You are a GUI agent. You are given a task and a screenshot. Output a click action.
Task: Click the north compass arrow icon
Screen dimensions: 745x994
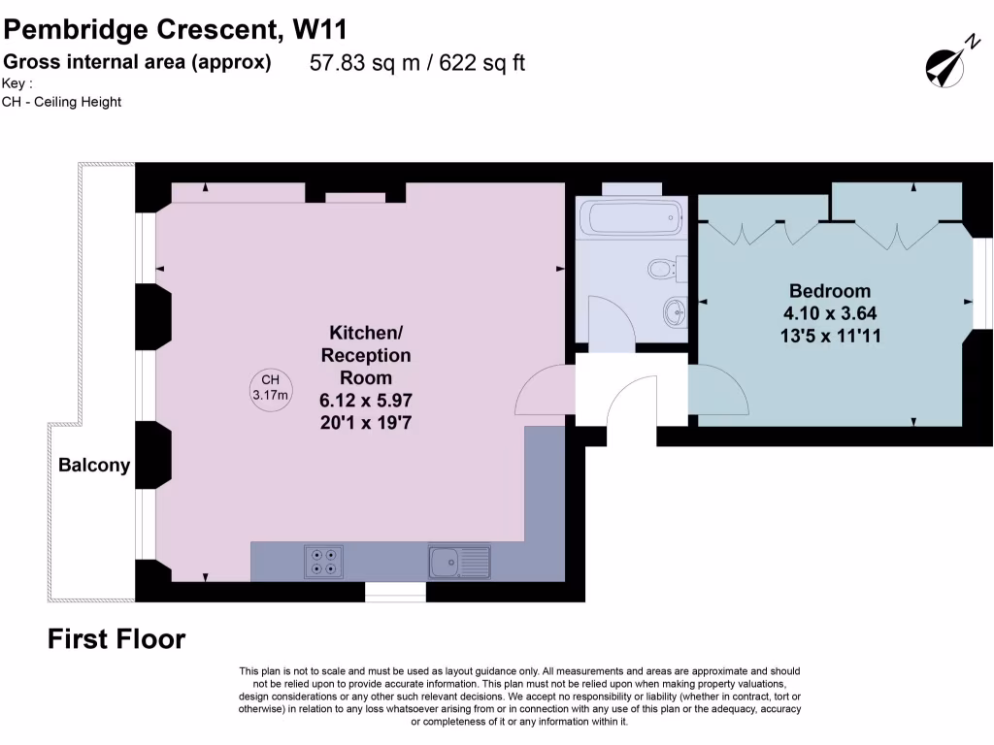[947, 62]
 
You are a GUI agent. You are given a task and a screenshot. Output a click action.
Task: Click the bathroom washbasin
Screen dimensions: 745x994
[674, 311]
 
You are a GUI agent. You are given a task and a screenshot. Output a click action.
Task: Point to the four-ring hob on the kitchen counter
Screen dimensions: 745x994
[322, 560]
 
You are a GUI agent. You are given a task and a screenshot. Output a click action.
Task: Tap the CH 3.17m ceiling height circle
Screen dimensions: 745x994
[270, 388]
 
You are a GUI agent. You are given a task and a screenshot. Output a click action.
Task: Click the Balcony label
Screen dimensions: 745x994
[94, 466]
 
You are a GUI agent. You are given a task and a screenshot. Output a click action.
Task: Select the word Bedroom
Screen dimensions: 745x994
[829, 291]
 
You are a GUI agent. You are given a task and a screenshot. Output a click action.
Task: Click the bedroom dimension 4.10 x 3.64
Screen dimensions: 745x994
[829, 313]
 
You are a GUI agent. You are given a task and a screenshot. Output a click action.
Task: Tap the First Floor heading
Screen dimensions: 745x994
[116, 639]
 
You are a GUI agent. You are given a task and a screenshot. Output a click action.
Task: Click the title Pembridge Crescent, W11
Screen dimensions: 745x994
[175, 29]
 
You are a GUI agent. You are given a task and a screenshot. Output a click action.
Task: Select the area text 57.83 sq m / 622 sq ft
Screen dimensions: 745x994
[417, 63]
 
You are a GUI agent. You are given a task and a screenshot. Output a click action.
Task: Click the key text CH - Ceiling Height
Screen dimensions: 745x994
[62, 102]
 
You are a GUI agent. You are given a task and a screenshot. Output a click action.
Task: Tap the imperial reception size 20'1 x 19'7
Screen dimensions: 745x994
[365, 423]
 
